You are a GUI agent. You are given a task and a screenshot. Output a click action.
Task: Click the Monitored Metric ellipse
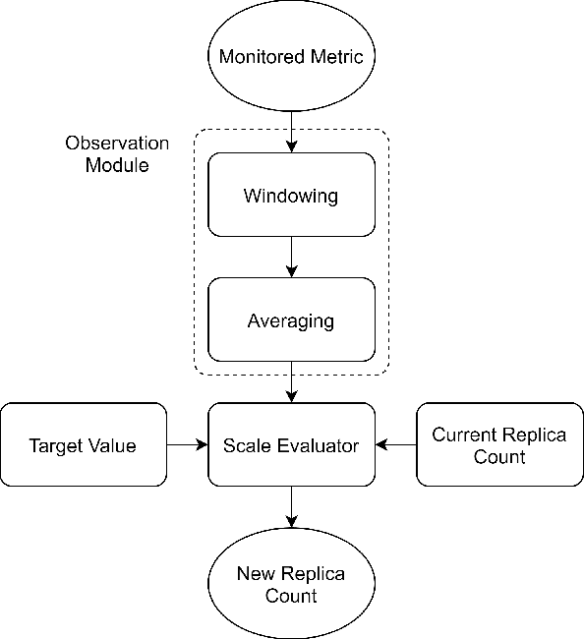291,56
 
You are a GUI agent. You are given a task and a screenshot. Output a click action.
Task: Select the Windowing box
291,195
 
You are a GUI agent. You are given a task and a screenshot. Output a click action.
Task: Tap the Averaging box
291,320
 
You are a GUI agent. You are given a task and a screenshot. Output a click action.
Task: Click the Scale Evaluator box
291,445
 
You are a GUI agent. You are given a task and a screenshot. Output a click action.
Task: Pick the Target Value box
84,445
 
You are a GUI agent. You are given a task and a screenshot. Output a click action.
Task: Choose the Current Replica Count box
499,445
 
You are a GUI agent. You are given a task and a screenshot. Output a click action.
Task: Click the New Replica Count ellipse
291,584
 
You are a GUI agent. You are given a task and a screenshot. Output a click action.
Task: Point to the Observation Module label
117,154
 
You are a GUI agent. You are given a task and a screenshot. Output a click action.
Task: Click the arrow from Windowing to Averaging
291,258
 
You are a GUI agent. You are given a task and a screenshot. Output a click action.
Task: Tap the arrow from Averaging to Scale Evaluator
291,383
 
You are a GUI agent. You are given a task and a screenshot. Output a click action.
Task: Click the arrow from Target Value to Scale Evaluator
187,445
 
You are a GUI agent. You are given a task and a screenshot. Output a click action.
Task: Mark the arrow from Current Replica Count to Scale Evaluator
395,445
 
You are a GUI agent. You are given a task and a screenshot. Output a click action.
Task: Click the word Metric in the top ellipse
338,56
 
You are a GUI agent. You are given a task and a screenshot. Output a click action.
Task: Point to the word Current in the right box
465,435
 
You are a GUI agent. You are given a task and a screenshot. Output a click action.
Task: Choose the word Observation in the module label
117,144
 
